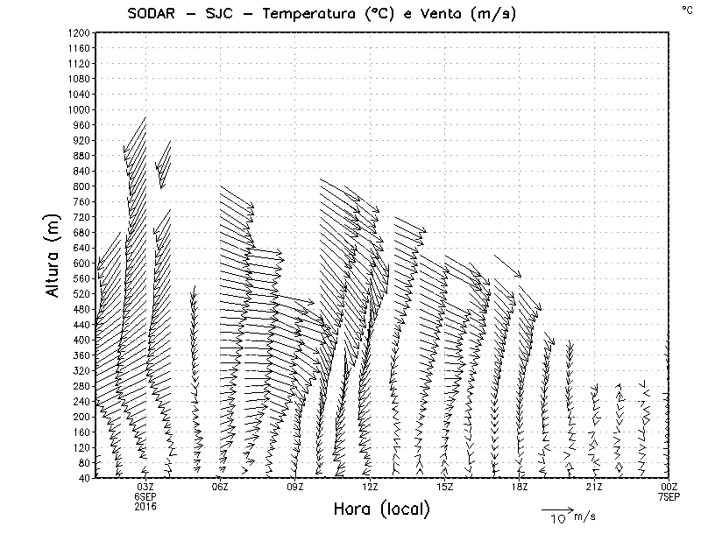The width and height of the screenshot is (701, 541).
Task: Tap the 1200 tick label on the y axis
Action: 77,32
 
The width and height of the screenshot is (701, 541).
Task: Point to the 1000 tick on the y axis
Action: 77,109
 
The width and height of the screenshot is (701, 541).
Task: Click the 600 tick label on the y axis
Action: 80,263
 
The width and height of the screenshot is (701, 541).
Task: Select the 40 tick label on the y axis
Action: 82,478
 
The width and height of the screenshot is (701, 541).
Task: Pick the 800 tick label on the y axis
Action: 80,186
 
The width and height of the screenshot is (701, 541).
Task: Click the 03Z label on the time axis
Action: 145,487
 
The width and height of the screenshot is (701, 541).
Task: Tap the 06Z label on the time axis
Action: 220,487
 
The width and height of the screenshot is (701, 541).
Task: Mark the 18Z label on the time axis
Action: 520,487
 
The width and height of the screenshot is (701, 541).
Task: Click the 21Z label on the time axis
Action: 594,487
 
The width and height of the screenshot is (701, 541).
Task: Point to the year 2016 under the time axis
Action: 145,506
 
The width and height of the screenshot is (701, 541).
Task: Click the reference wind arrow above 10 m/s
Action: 556,509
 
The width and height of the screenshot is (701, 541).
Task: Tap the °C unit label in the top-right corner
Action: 686,9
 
